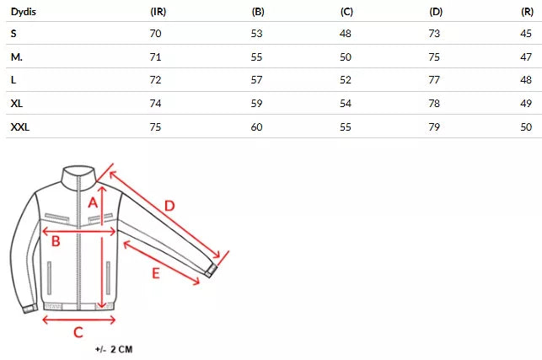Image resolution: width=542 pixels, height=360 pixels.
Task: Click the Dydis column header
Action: tap(24, 12)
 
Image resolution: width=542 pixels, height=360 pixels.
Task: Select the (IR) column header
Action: tap(158, 12)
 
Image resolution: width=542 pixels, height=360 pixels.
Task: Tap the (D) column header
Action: tap(436, 12)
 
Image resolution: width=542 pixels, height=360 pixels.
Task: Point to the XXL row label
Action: tap(20, 127)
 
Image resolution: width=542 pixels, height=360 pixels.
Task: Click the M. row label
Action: tap(17, 56)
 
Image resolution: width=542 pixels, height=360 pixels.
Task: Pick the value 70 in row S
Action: tap(156, 33)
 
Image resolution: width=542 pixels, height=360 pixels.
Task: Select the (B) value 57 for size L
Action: tap(256, 80)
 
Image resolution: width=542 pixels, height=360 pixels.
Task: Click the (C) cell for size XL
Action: tap(346, 104)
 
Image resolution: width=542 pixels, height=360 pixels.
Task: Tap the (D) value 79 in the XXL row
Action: tap(434, 127)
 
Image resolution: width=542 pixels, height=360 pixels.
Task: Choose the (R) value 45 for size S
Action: tap(526, 33)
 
